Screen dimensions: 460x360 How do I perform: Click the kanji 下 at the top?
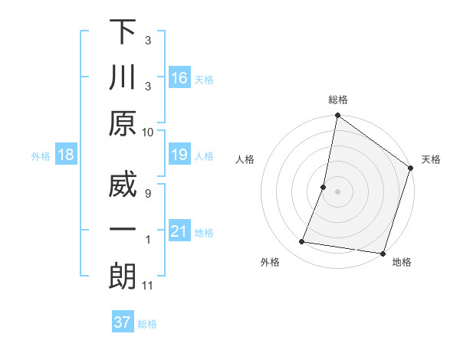click(x=123, y=33)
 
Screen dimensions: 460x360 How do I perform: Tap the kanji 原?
click(x=123, y=123)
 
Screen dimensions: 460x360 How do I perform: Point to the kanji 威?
click(x=123, y=186)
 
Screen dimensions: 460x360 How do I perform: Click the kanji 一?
click(x=123, y=230)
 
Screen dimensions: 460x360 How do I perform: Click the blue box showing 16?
click(x=179, y=78)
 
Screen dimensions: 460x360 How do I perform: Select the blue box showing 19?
click(x=179, y=155)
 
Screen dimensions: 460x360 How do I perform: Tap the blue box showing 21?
click(x=179, y=232)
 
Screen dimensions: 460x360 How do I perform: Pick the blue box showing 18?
click(x=66, y=155)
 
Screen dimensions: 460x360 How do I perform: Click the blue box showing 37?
click(x=122, y=322)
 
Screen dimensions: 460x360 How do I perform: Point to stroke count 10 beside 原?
click(x=148, y=132)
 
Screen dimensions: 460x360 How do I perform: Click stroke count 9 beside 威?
click(x=148, y=193)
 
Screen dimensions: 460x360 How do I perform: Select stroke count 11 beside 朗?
click(x=148, y=286)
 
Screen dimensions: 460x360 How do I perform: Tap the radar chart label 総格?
click(x=337, y=100)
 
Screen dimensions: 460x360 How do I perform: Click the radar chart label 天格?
click(x=431, y=159)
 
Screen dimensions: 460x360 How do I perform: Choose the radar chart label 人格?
click(x=245, y=159)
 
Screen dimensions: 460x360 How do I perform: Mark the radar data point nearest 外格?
click(x=302, y=242)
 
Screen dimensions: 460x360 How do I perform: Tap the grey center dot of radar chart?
click(x=337, y=191)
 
